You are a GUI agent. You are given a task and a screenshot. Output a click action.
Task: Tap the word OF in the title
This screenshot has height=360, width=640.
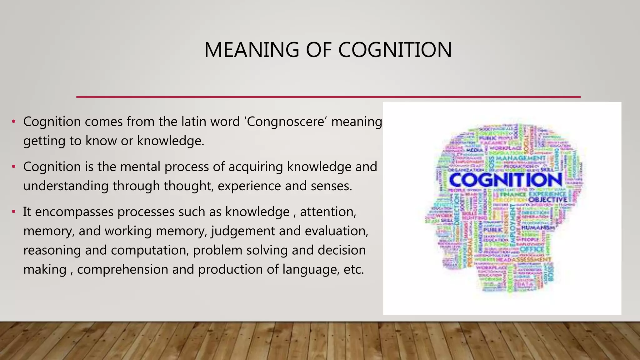(x=318, y=50)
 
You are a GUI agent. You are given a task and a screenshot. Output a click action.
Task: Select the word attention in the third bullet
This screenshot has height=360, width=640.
(x=328, y=212)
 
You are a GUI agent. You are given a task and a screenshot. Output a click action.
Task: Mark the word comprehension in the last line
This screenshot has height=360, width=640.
(x=122, y=270)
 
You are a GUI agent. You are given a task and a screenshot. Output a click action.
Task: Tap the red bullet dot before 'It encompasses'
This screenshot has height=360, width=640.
(x=13, y=212)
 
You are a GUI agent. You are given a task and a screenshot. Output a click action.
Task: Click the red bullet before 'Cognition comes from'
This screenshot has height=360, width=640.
(x=13, y=122)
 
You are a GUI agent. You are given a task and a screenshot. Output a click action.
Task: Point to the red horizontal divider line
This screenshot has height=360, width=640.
(x=328, y=97)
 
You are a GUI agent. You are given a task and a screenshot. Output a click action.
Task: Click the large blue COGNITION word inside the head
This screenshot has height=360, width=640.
(x=505, y=180)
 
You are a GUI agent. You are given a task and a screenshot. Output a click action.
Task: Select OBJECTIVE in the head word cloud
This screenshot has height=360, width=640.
(x=548, y=200)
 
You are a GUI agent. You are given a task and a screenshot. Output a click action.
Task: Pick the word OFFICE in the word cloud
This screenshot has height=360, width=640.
(x=532, y=249)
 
